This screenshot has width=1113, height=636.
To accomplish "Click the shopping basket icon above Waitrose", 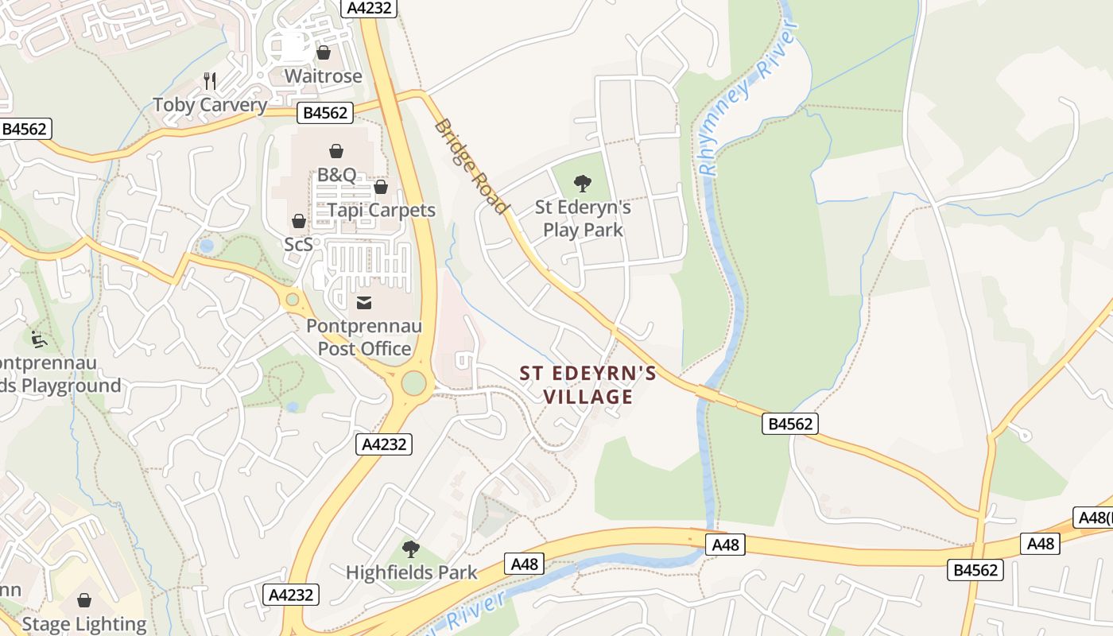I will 323,52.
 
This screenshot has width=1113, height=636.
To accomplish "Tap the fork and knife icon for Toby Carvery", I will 210,80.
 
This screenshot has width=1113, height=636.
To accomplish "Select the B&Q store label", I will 336,175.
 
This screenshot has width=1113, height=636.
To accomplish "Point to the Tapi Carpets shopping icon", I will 381,187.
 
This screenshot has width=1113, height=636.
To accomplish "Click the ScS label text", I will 299,244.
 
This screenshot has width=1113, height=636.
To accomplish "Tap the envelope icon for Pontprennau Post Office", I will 364,302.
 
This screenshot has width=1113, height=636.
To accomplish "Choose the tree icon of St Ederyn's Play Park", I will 583,184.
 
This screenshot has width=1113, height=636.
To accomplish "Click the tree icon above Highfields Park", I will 410,549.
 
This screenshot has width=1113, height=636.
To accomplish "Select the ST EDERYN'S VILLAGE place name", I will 588,385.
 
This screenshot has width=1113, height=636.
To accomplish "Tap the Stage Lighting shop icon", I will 84,600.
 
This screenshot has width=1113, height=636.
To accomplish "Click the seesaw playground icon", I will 38,339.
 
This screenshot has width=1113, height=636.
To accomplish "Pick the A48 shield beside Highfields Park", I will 525,564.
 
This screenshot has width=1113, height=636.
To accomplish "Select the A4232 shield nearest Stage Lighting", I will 292,595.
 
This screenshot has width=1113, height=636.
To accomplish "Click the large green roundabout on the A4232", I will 413,382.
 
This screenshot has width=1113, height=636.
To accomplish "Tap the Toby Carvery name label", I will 210,105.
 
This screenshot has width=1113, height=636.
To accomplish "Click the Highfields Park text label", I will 412,572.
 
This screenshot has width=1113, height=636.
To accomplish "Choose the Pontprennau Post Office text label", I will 364,337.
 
